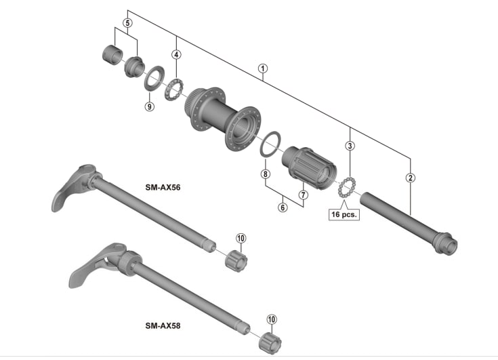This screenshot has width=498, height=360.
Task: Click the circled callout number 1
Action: click(263, 68)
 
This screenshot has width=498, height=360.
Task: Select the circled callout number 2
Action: click(411, 178)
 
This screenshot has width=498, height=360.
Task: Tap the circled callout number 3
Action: click(350, 146)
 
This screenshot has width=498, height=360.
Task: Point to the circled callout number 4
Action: click(177, 55)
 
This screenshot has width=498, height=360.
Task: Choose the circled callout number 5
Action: click(127, 23)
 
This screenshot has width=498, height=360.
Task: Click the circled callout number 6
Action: click(283, 207)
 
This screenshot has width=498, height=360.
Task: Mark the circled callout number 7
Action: click(304, 195)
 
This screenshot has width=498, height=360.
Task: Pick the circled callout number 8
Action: click(265, 174)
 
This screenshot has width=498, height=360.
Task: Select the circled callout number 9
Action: click(150, 106)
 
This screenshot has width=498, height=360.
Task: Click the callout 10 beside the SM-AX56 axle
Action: click(241, 238)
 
